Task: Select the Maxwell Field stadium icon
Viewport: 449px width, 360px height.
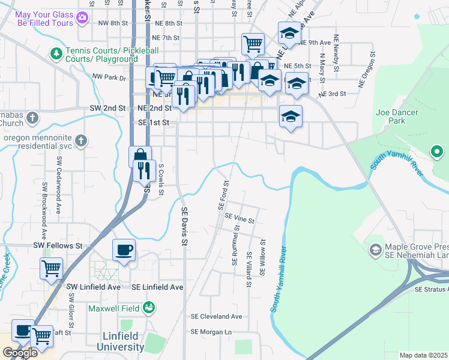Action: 149,308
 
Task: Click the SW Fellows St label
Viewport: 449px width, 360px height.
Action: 58,246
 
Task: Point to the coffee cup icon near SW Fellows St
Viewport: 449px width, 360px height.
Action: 124,250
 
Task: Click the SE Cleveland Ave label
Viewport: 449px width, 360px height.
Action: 216,316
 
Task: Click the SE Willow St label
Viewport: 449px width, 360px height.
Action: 262,257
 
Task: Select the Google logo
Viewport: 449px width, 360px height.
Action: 20,353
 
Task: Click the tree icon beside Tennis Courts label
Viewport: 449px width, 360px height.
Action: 56,54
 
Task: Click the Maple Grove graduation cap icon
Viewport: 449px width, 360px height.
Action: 376,248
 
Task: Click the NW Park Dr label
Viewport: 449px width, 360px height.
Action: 109,77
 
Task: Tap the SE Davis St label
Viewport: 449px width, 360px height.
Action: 185,226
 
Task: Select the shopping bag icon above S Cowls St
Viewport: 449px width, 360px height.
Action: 140,156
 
